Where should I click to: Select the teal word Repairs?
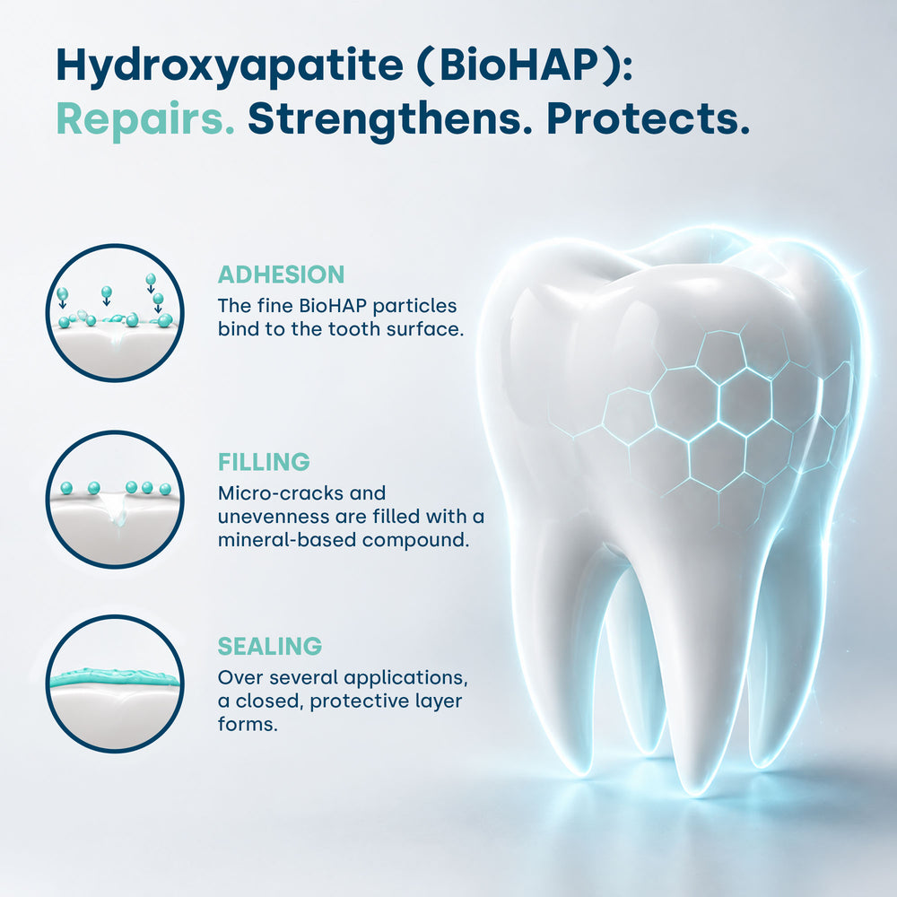pos(145,120)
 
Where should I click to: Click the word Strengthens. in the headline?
pos(390,119)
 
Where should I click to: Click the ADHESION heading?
pos(281,274)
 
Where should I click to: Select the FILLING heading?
pos(264,462)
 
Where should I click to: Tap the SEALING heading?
pos(269,647)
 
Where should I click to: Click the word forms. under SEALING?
pos(248,724)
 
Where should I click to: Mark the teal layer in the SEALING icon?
pos(115,678)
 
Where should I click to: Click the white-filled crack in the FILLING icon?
pos(117,510)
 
